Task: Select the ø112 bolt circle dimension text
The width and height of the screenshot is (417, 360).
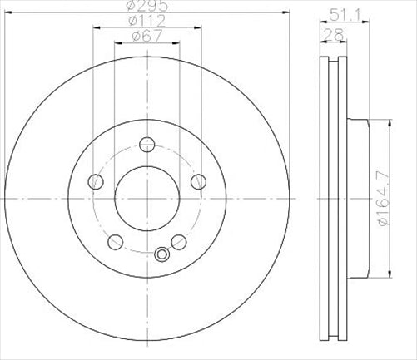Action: (146, 22)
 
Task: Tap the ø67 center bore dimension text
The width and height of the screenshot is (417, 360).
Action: (146, 36)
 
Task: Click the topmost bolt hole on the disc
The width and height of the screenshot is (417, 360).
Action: (147, 142)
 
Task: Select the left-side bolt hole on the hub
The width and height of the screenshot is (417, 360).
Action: (96, 180)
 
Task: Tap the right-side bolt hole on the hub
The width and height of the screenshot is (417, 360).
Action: (199, 180)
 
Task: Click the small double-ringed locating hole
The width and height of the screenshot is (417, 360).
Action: (162, 254)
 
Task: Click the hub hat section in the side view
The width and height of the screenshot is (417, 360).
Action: (358, 200)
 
